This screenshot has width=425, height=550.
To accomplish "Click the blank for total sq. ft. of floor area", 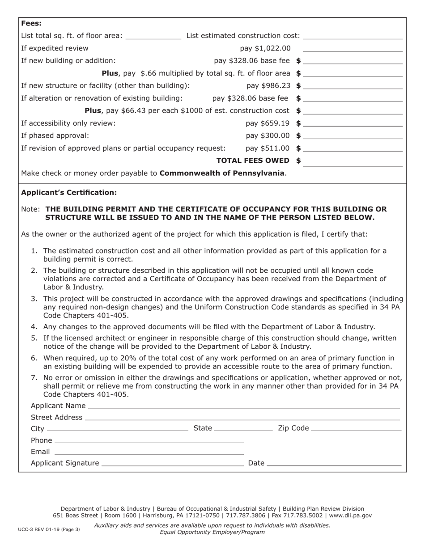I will [x=153, y=36].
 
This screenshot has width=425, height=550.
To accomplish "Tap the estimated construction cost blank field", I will [x=353, y=36].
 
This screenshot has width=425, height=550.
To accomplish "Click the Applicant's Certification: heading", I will [x=69, y=193].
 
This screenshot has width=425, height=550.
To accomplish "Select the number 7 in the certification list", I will [x=34, y=378].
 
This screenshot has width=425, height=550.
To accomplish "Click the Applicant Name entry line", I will [x=244, y=406].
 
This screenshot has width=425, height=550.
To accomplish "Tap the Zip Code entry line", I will [x=356, y=429].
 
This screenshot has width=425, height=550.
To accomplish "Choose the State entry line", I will [x=243, y=429].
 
